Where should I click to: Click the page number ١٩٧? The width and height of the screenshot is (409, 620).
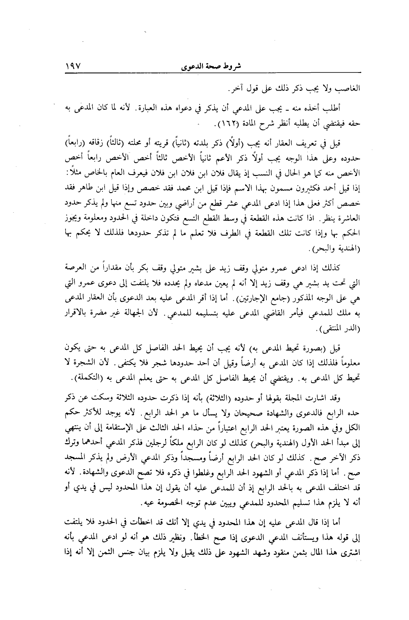click(x=74, y=66)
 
